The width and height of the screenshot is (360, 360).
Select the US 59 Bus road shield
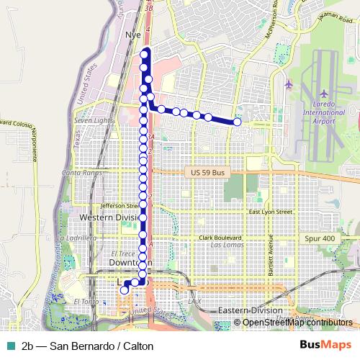pos(204,173)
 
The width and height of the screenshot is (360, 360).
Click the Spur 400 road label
pos(320,238)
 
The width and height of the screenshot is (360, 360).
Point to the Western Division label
pos(110,217)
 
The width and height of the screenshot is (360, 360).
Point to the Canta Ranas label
pos(81,173)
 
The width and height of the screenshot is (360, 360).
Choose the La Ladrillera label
pos(76,238)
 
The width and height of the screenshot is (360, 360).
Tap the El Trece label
pos(124,253)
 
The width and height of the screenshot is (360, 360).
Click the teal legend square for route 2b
pos(9,346)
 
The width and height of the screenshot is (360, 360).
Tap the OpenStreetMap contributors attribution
pos(297,323)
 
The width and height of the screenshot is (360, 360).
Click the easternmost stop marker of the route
pos(238,122)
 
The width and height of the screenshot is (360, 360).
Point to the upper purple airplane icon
pos(289,84)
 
